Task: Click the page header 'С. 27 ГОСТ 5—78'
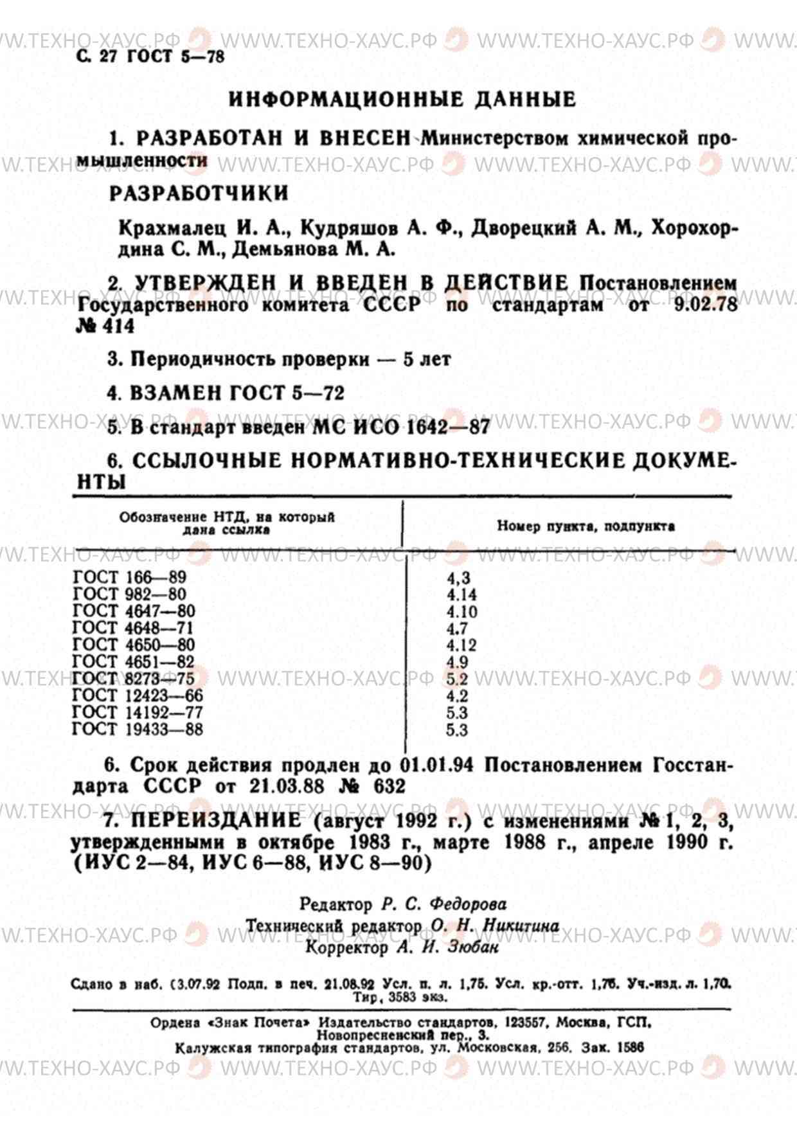(x=150, y=57)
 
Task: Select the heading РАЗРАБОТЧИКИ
(x=199, y=193)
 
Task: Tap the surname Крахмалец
(x=172, y=228)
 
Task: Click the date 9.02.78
(x=705, y=304)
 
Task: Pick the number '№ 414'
(x=105, y=326)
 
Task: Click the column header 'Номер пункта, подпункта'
(x=586, y=526)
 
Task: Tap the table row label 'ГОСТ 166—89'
(x=129, y=577)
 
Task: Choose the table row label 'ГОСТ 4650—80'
(x=133, y=645)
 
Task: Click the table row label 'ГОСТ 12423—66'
(x=137, y=695)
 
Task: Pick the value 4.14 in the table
(x=461, y=595)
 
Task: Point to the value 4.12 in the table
(x=461, y=645)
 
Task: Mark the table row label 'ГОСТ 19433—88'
(x=137, y=730)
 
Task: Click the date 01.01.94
(x=436, y=765)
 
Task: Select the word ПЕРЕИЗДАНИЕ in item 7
(x=216, y=820)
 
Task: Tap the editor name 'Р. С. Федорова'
(x=443, y=904)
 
